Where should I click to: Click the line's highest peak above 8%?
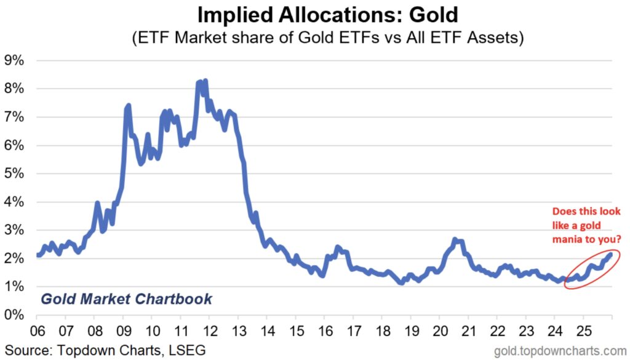tap(205, 81)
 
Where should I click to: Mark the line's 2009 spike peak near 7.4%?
tap(128, 106)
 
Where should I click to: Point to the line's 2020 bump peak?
tap(455, 239)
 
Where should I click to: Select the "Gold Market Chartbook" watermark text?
tap(126, 300)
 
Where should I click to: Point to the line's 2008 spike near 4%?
tap(97, 202)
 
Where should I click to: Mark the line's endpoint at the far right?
tap(610, 254)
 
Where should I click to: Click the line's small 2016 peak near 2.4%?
tap(337, 247)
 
